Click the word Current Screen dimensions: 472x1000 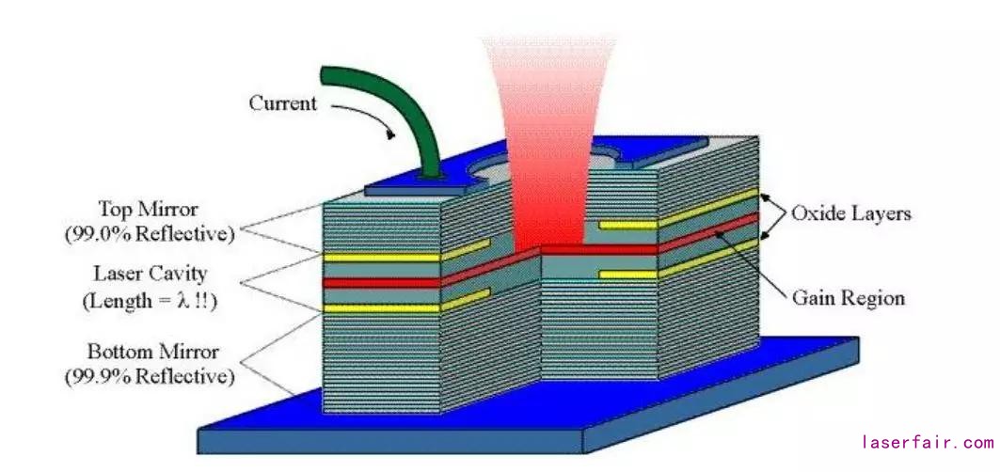pyautogui.click(x=282, y=102)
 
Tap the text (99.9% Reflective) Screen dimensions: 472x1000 pyautogui.click(x=151, y=377)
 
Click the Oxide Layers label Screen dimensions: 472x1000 pyautogui.click(x=850, y=214)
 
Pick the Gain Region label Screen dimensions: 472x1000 pyautogui.click(x=846, y=299)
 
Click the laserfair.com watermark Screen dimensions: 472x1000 pyautogui.click(x=927, y=442)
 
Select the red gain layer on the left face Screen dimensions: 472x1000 pyautogui.click(x=381, y=282)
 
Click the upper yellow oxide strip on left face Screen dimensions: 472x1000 pyautogui.click(x=381, y=257)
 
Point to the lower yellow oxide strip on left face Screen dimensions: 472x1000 pyautogui.click(x=381, y=307)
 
